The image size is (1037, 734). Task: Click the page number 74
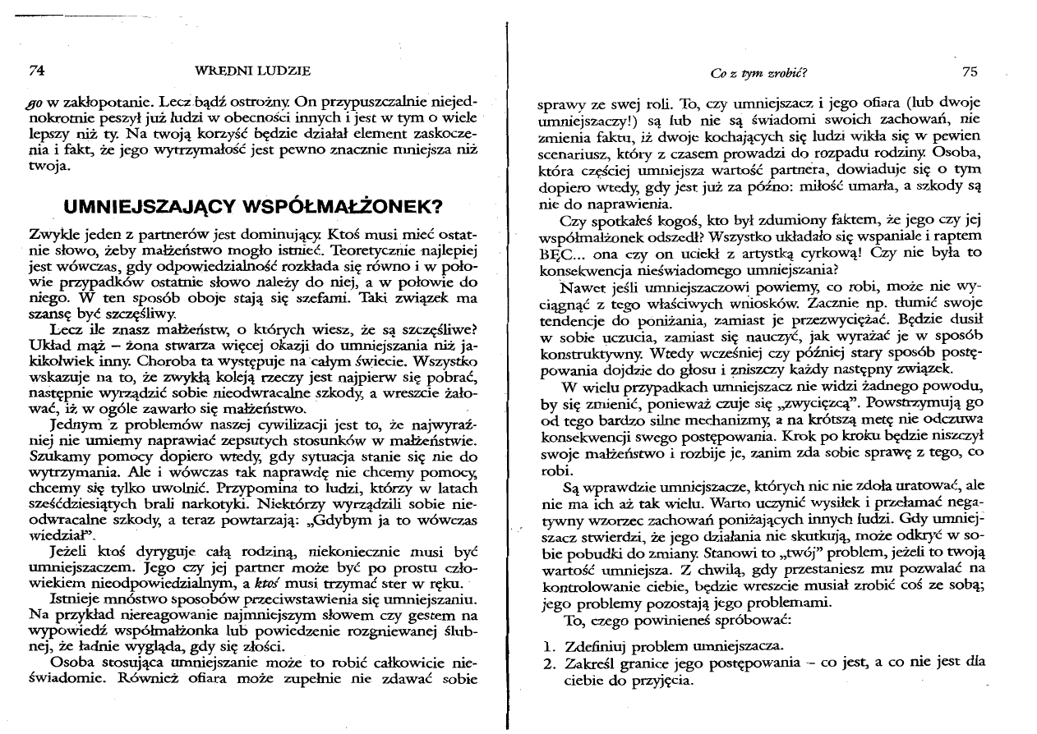click(x=35, y=71)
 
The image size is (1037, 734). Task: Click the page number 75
click(x=970, y=71)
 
